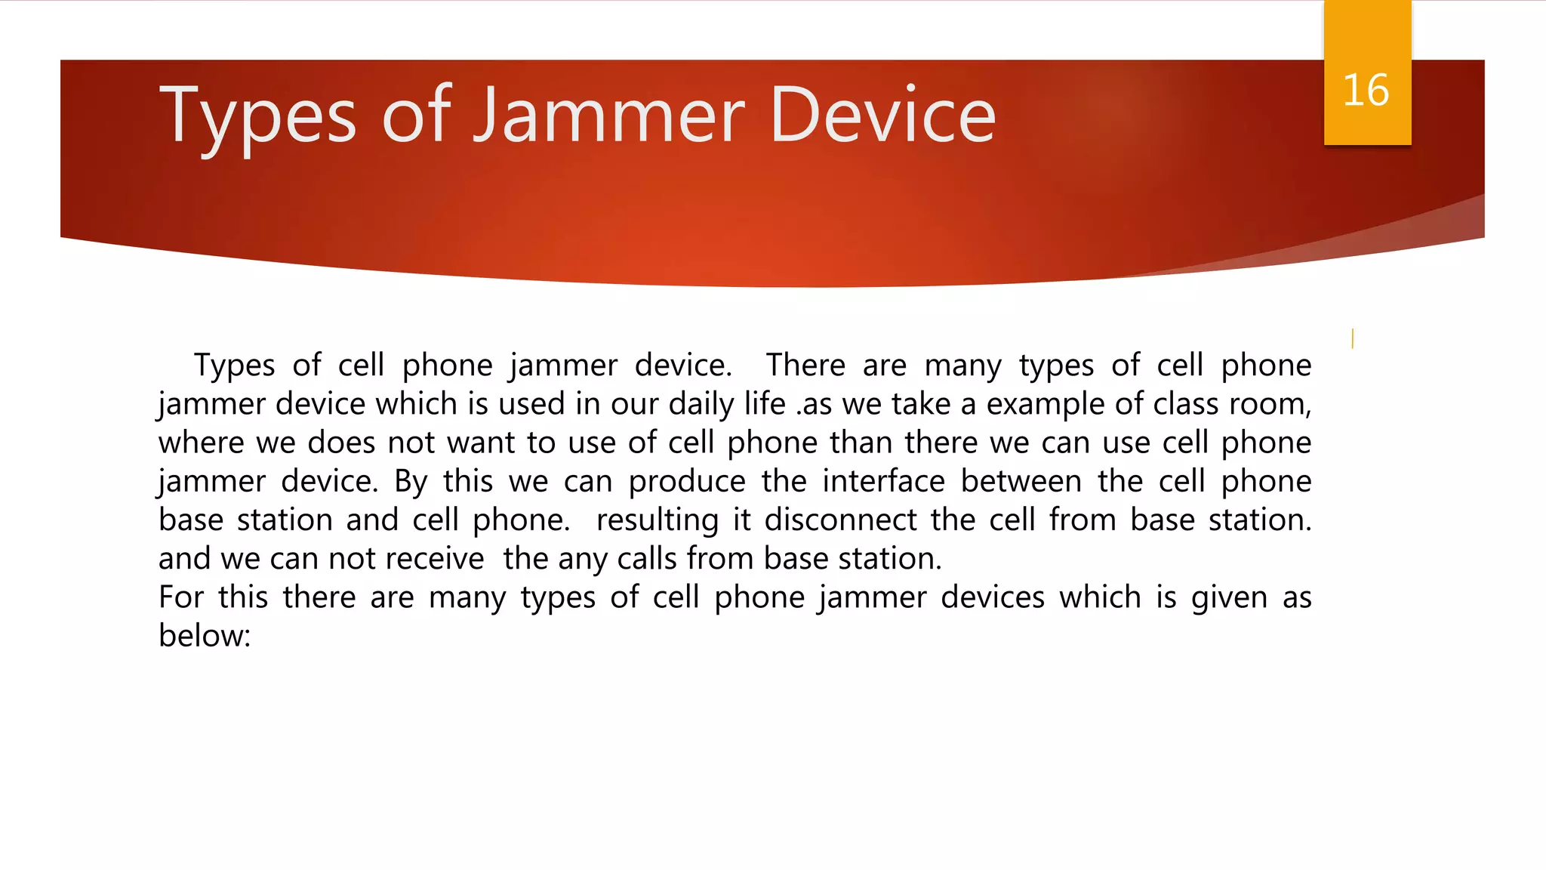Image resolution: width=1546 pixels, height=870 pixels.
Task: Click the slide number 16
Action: click(1366, 91)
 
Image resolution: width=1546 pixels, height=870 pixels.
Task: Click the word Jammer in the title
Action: click(609, 116)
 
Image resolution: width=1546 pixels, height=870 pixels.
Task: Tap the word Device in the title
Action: click(882, 116)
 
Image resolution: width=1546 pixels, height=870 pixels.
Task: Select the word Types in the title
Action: click(257, 116)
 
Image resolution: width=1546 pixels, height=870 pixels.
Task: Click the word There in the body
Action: click(805, 366)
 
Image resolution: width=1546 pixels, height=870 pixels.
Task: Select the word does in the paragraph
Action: click(341, 443)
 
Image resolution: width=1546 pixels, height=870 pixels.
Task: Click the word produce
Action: click(687, 482)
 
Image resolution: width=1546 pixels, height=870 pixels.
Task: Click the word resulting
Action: click(657, 520)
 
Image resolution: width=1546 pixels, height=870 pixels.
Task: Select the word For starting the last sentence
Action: click(181, 597)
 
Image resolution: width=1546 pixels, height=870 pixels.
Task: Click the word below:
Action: click(204, 636)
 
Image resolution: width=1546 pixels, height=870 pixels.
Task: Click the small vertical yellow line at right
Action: click(1352, 338)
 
